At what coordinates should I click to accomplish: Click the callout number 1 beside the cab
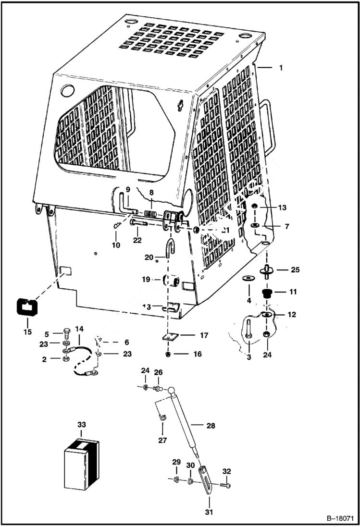(280, 68)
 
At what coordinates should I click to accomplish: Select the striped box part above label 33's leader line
(81, 457)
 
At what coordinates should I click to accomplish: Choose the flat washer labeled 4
(249, 278)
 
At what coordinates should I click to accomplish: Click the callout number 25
(295, 270)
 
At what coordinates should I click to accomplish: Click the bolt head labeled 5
(65, 333)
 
